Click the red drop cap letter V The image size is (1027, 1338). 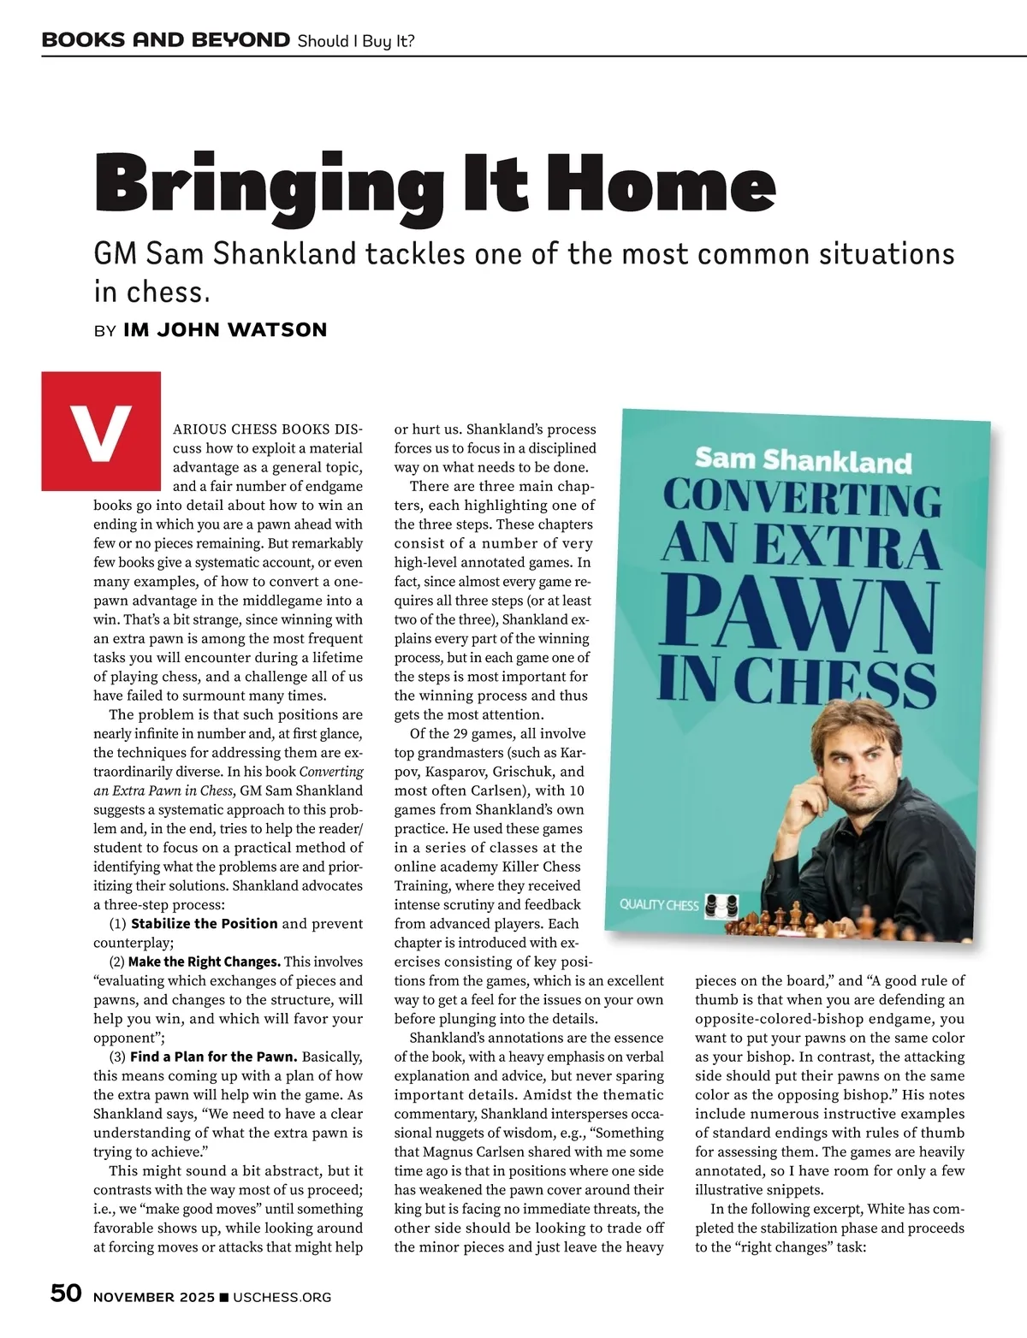[101, 431]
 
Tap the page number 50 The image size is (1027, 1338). [66, 1294]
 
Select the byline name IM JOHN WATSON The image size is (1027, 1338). [225, 330]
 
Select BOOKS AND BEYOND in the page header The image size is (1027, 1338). [165, 39]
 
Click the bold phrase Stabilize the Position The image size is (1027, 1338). [204, 924]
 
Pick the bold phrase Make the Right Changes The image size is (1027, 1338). [204, 962]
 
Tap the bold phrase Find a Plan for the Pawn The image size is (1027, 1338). [213, 1057]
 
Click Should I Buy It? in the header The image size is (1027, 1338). [355, 40]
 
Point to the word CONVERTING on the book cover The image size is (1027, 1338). [801, 499]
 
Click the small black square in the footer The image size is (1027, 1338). [224, 1298]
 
